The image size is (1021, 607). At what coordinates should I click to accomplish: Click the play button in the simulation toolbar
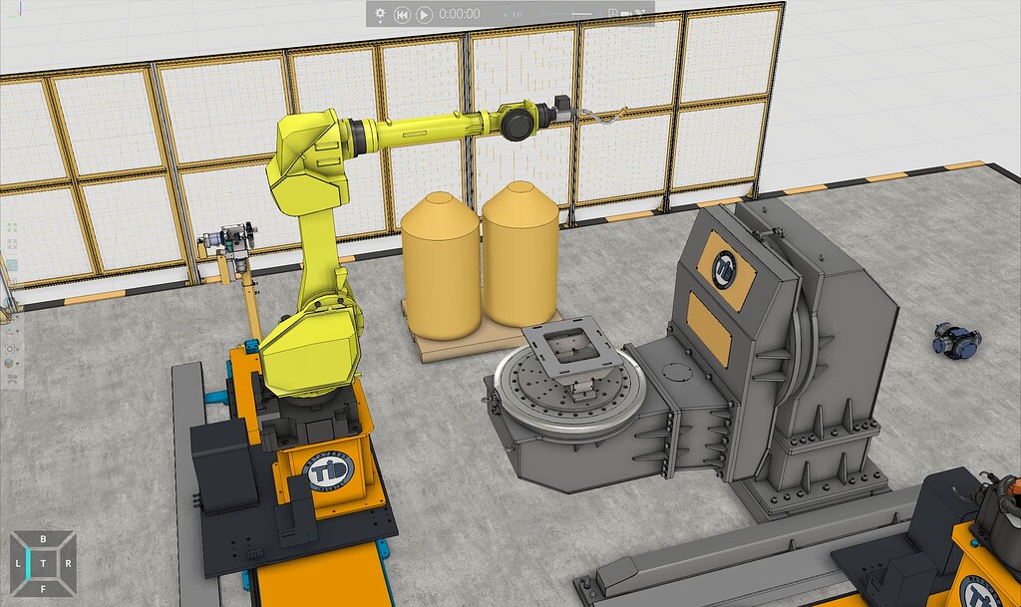click(424, 14)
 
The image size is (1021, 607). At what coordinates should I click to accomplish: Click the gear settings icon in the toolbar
click(380, 14)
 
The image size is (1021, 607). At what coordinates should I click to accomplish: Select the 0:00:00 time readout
click(460, 14)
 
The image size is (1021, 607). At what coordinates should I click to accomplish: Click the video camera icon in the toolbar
click(626, 14)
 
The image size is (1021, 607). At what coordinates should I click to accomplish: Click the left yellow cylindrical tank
click(440, 264)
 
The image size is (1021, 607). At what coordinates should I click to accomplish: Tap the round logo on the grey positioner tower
click(725, 267)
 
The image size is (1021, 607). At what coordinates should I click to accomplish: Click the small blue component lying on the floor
click(955, 340)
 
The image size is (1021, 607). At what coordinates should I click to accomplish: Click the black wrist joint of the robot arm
click(520, 122)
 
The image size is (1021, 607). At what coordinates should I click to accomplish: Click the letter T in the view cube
click(43, 563)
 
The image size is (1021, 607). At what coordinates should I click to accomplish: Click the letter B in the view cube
click(43, 539)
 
